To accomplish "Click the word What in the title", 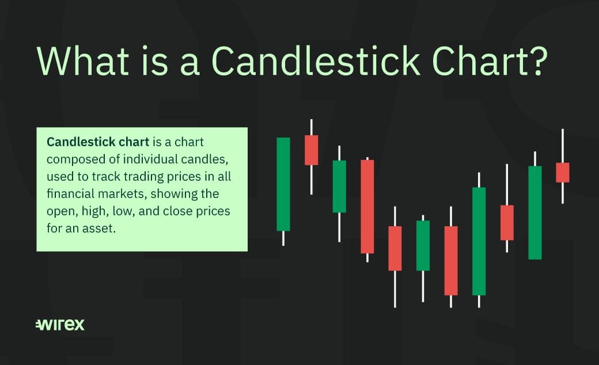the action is (84, 60).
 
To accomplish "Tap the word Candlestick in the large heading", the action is (316, 60).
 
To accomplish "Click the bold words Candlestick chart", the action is (98, 142).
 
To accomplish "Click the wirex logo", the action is (60, 325).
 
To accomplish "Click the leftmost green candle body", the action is (283, 184).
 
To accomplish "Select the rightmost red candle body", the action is (562, 173).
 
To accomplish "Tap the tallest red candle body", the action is (367, 207).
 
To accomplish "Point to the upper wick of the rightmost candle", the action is (562, 146).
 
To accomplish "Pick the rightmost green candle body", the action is (535, 212).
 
